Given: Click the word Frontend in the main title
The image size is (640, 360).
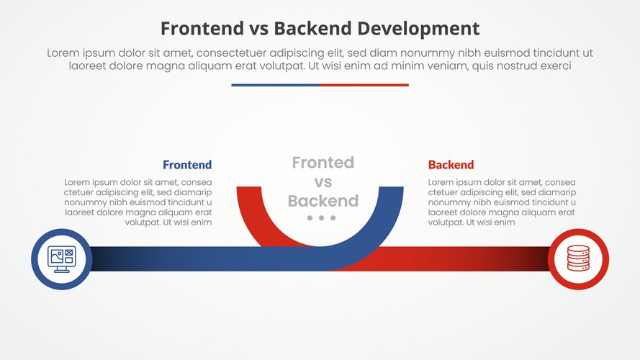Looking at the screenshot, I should tap(197, 28).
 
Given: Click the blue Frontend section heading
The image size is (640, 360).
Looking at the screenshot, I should tap(187, 165).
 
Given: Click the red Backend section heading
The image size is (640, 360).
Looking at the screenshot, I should tap(451, 165).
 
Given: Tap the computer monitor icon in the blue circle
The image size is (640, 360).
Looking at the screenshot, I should tap(61, 258).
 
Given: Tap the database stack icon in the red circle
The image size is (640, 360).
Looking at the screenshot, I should tap(578, 258).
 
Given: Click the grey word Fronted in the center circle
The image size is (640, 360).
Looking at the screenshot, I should tap(323, 163).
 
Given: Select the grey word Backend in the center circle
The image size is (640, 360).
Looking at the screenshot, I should tap(323, 201).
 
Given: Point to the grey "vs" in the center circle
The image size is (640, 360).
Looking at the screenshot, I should tap(323, 182).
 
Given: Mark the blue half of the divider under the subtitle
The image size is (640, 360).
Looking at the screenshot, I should tap(275, 85).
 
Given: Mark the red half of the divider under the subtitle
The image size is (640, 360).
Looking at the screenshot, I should tap(364, 85).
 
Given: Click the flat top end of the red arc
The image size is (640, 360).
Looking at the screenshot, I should tap(248, 188).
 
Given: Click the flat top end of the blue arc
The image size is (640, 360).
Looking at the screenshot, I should tap(391, 188).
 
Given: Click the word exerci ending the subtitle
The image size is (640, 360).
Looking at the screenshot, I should tap(554, 66).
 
